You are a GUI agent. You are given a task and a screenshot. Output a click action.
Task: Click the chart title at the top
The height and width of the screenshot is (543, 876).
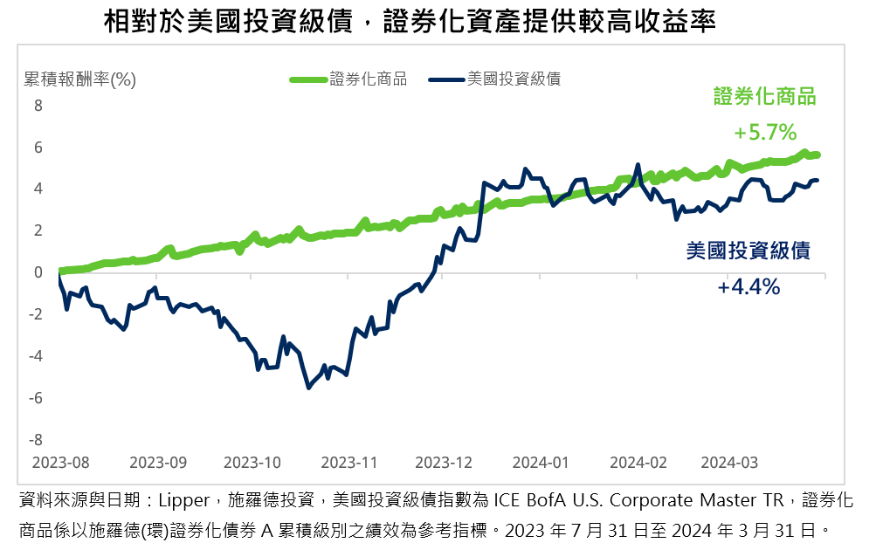pyautogui.click(x=410, y=21)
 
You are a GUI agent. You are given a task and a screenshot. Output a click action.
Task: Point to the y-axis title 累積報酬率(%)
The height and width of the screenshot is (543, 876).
pyautogui.click(x=80, y=79)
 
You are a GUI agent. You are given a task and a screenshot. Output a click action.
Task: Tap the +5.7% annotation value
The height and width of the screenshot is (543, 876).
pyautogui.click(x=765, y=133)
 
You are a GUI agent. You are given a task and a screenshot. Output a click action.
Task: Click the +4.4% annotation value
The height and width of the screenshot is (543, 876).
pyautogui.click(x=748, y=287)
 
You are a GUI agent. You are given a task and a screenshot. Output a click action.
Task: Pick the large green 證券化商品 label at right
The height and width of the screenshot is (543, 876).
pyautogui.click(x=765, y=97)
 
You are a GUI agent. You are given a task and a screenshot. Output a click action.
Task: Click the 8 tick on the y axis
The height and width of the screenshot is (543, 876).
pyautogui.click(x=38, y=106)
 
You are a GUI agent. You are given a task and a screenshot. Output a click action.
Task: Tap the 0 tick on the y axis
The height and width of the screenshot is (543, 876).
pyautogui.click(x=38, y=272)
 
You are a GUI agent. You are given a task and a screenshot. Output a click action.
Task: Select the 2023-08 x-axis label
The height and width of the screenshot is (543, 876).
pyautogui.click(x=61, y=461)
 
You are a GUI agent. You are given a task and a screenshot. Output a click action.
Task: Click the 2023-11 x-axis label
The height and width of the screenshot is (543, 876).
pyautogui.click(x=348, y=461)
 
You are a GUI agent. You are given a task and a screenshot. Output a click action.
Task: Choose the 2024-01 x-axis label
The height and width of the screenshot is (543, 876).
pyautogui.click(x=541, y=461)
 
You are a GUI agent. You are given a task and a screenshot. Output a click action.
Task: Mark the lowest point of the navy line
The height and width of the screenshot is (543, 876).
pyautogui.click(x=308, y=388)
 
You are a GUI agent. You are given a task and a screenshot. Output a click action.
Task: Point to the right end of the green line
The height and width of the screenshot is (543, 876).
pyautogui.click(x=817, y=155)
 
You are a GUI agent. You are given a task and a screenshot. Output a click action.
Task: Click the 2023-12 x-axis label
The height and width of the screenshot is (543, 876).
pyautogui.click(x=444, y=461)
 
